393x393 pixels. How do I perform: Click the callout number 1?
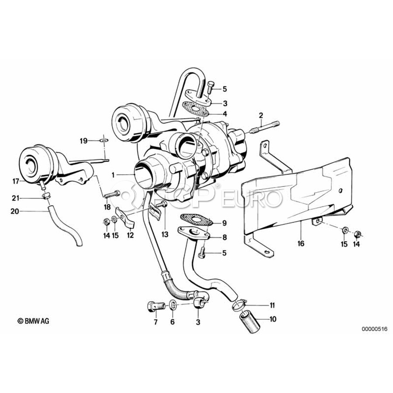pos(113,175)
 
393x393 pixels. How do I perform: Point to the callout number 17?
pos(16,180)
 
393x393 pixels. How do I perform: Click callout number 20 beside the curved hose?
pos(15,211)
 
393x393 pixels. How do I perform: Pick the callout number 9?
pos(224,223)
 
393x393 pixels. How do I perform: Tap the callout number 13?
pos(165,235)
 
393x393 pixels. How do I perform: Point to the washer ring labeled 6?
pos(172,304)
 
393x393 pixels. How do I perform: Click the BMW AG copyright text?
pos(33,321)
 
